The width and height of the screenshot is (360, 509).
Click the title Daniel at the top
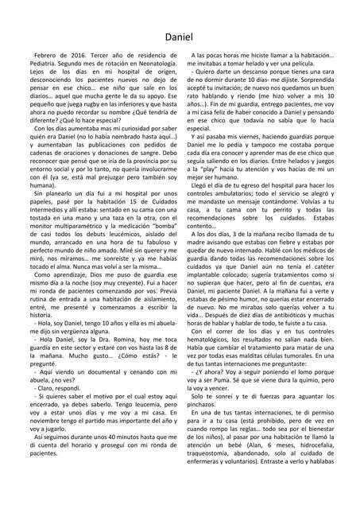180,37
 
